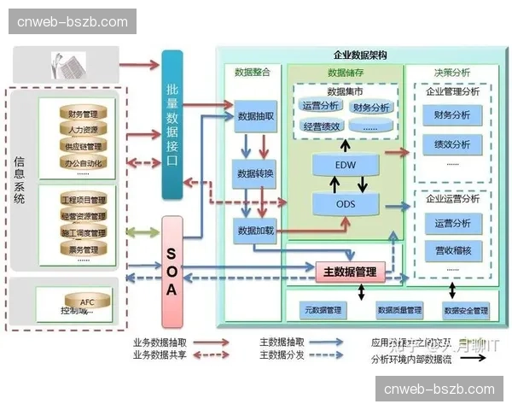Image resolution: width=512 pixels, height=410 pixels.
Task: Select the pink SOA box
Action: pyautogui.click(x=172, y=272)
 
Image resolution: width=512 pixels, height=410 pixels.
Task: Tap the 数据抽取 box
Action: pyautogui.click(x=256, y=116)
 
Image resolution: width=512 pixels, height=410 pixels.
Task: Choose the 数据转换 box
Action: pyautogui.click(x=256, y=174)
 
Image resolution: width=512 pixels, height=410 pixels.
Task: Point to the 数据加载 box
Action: pyautogui.click(x=256, y=231)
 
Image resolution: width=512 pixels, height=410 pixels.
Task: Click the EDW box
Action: pyautogui.click(x=346, y=163)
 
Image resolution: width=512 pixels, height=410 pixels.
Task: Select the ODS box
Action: pyautogui.click(x=346, y=205)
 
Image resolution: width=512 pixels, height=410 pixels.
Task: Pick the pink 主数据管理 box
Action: pyautogui.click(x=350, y=272)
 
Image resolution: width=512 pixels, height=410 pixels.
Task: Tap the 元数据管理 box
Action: pyautogui.click(x=323, y=309)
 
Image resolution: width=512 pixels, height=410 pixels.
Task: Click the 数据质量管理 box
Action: pyautogui.click(x=399, y=310)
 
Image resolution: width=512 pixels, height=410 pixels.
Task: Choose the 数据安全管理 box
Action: pyautogui.click(x=466, y=310)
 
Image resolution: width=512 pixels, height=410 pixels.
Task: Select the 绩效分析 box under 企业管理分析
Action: pyautogui.click(x=452, y=144)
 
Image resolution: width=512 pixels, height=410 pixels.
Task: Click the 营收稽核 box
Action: pyautogui.click(x=452, y=250)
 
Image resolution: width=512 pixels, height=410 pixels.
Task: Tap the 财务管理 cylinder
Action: pyautogui.click(x=84, y=113)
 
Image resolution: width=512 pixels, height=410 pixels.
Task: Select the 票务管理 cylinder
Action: pyautogui.click(x=84, y=249)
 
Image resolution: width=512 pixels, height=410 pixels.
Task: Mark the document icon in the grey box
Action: pyautogui.click(x=68, y=63)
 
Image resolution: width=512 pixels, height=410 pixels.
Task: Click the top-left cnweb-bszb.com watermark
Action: pyautogui.click(x=72, y=22)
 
